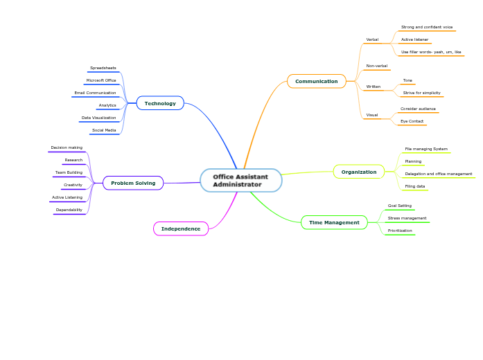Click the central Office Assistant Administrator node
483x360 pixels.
point(240,181)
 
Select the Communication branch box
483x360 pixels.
point(316,81)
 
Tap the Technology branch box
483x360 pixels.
point(160,103)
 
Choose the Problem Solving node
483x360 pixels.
point(133,183)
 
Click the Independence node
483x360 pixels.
point(180,228)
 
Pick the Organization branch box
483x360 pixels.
point(358,172)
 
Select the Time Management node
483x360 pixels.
point(334,222)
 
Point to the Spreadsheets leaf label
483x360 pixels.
point(103,68)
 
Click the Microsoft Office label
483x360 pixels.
point(101,80)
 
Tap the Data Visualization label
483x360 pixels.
point(98,118)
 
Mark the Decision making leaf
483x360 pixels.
point(67,147)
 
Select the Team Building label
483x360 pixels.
point(69,172)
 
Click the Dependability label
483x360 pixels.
point(69,210)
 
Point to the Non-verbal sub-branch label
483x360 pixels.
point(376,66)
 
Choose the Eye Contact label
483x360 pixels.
point(412,121)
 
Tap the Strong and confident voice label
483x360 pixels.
point(427,27)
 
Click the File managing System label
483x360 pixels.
point(426,149)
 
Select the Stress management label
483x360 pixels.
point(407,218)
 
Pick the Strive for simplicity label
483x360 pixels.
point(421,93)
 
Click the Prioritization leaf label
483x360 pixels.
point(400,231)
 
